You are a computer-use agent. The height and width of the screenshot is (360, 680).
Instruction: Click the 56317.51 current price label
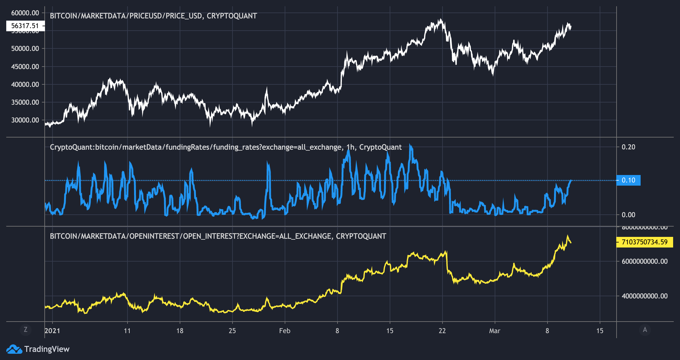click(25, 26)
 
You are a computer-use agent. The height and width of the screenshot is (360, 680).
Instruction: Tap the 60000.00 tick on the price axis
click(25, 13)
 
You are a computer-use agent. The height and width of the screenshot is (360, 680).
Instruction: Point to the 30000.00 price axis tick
click(25, 120)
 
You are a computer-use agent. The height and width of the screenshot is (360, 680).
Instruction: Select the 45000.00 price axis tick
click(25, 67)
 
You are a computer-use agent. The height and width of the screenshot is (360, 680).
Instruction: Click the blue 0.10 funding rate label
click(628, 180)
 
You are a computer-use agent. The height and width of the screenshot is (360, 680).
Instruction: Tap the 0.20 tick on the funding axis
click(628, 147)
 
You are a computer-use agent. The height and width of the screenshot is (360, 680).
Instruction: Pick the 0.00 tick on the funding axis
click(628, 215)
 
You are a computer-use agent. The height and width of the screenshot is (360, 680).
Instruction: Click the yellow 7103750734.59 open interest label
click(644, 242)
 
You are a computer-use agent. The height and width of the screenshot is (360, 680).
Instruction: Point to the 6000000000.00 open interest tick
click(644, 261)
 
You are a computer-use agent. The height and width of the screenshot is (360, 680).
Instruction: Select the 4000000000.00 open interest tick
click(644, 296)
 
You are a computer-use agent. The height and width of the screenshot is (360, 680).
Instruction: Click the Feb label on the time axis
click(285, 331)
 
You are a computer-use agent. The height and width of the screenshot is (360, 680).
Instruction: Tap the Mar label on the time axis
click(495, 331)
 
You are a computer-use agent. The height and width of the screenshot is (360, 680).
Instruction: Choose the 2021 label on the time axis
click(52, 331)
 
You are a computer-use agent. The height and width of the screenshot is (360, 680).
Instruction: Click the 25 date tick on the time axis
click(232, 331)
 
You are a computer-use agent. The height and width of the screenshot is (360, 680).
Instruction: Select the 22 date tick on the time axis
click(442, 331)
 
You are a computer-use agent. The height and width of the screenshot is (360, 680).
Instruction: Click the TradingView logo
click(38, 349)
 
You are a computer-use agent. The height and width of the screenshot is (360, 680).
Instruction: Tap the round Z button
click(26, 330)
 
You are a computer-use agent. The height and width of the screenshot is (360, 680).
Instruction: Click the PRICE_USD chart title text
click(153, 16)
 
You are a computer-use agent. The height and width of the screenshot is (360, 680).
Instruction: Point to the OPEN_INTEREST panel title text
click(218, 236)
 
